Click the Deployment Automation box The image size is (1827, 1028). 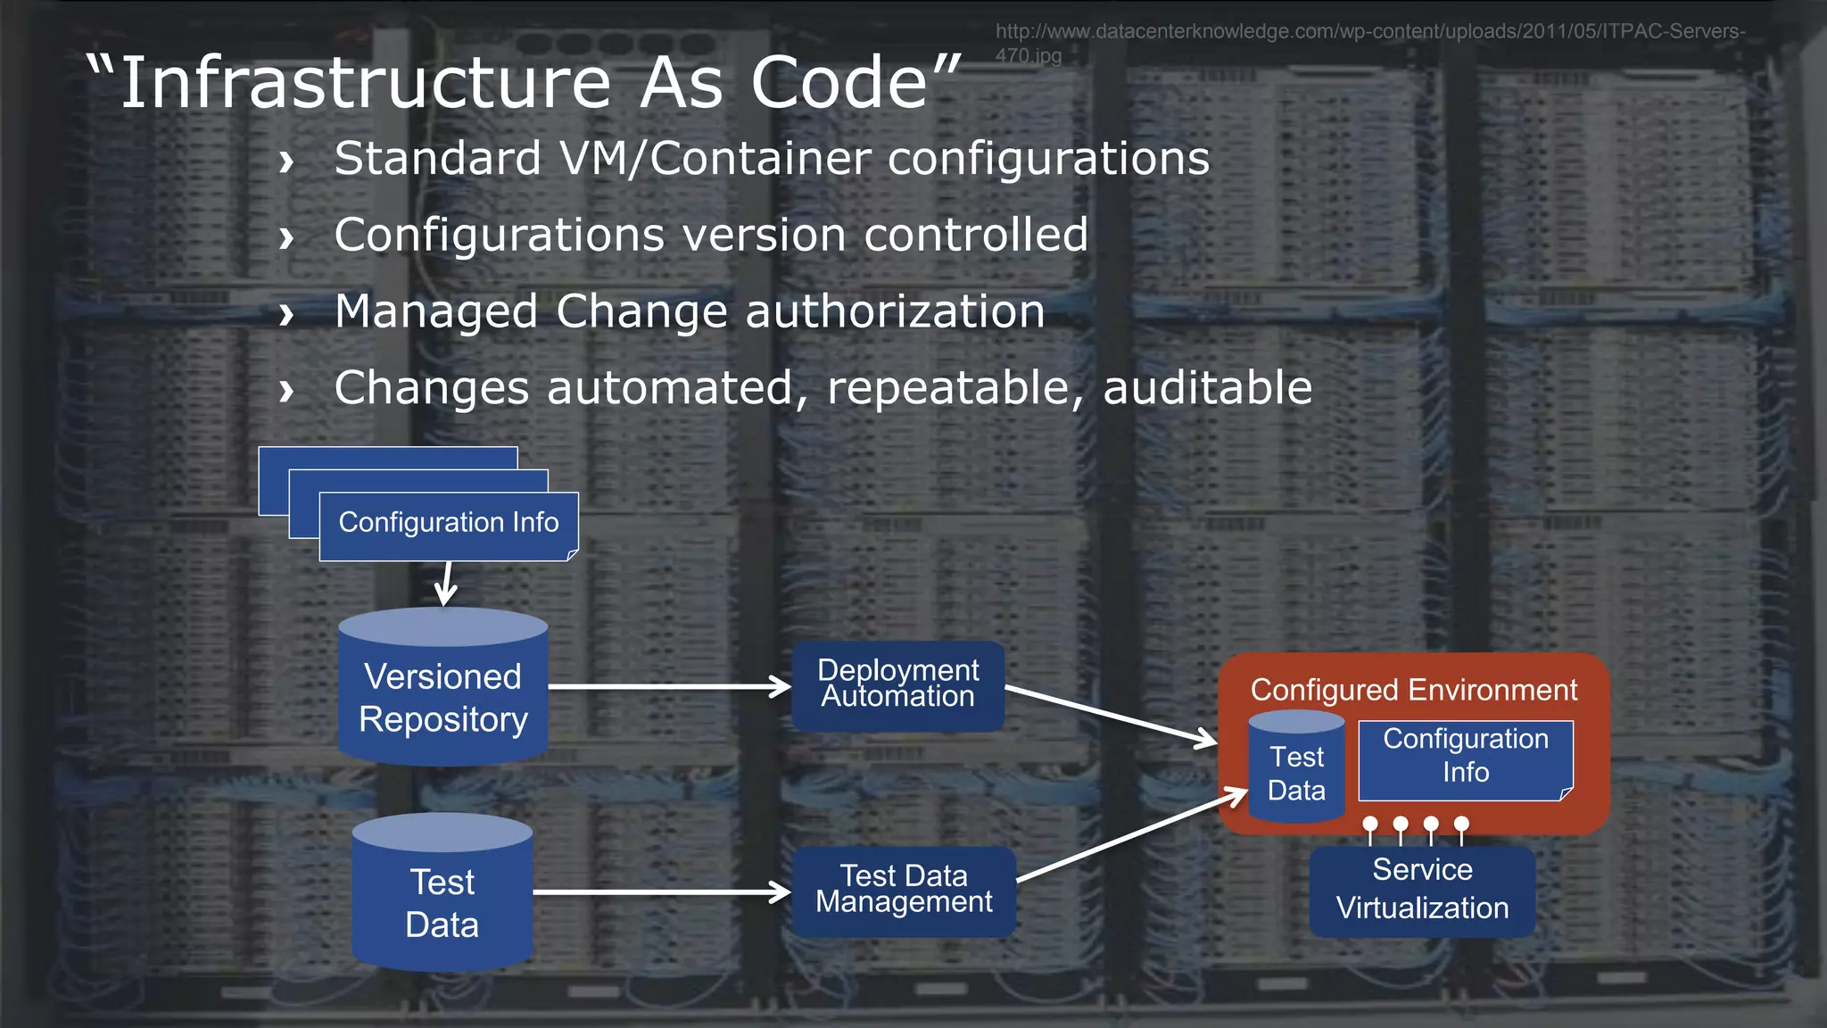click(897, 685)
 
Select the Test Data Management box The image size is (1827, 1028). click(903, 891)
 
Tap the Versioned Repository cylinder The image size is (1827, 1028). click(442, 696)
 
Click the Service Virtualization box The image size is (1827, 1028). click(1422, 891)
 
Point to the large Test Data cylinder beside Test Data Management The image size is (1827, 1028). click(442, 901)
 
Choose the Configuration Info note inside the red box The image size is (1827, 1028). click(1465, 759)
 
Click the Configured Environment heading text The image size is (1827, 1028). click(1413, 690)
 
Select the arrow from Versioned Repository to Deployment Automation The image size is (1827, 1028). click(669, 686)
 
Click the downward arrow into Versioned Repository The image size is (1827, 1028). click(446, 584)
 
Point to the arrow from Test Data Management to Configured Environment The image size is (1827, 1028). click(1131, 835)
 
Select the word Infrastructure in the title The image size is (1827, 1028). click(366, 83)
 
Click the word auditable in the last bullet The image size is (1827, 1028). click(1207, 388)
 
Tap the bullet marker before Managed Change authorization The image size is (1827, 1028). click(285, 314)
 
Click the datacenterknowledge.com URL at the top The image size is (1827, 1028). click(1369, 32)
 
